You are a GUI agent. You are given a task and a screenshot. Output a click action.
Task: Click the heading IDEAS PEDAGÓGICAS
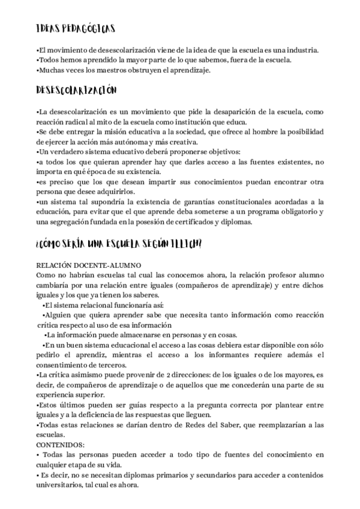click(76, 29)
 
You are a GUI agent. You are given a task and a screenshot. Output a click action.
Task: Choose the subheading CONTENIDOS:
click(61, 445)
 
